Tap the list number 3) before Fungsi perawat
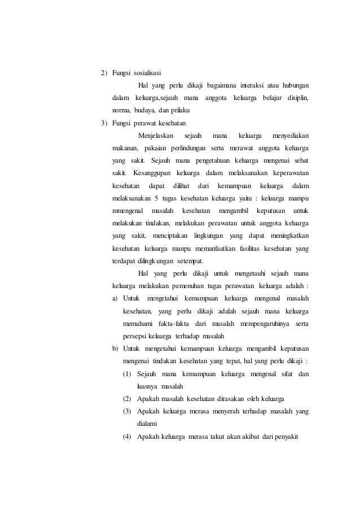(105, 123)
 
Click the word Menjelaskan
(156, 136)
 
